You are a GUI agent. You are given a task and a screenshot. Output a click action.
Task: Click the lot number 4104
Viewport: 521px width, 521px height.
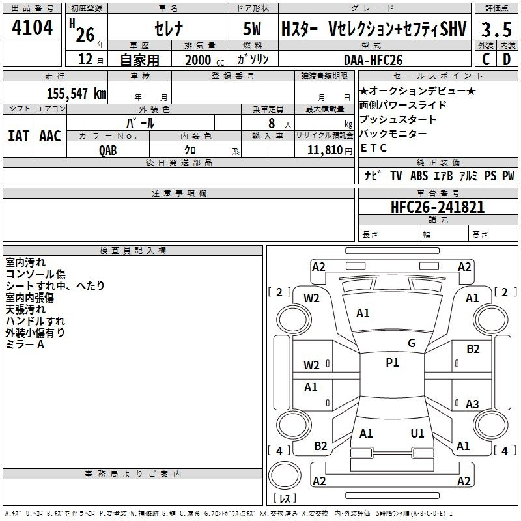click(32, 27)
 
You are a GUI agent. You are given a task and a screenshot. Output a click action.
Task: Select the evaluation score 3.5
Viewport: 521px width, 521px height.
click(496, 29)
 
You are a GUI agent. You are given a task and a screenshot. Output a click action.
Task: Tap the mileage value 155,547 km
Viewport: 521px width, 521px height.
click(76, 93)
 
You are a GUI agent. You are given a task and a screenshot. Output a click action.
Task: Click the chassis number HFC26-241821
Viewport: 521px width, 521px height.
click(438, 207)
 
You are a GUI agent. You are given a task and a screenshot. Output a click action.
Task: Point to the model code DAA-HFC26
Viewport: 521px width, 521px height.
click(373, 60)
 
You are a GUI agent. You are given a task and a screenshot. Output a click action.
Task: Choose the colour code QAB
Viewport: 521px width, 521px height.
click(107, 150)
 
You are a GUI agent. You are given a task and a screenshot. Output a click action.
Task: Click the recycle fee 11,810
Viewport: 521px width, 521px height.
click(324, 150)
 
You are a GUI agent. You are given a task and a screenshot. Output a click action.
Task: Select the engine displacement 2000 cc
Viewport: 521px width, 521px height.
click(204, 61)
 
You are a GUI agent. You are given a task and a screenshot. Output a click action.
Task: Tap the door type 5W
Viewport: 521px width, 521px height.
click(252, 29)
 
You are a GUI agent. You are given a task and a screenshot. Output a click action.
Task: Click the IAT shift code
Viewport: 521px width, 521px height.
click(18, 136)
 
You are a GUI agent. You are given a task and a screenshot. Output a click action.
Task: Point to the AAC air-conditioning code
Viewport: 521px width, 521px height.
click(50, 136)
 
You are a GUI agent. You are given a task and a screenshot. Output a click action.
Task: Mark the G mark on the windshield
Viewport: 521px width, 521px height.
click(412, 343)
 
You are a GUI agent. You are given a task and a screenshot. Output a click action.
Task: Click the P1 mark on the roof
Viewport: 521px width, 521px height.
click(392, 363)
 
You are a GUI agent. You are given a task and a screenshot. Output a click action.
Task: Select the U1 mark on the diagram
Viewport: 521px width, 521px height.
click(417, 433)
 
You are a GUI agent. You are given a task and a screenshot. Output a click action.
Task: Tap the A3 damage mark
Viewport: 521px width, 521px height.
click(472, 404)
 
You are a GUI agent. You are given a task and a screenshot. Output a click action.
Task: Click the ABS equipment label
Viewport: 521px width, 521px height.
click(419, 175)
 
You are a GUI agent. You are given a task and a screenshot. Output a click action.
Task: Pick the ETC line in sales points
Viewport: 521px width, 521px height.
click(373, 148)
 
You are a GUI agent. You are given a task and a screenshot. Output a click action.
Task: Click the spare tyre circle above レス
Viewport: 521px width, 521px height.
click(285, 475)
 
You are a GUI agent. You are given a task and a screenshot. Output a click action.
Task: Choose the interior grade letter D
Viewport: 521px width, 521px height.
click(507, 59)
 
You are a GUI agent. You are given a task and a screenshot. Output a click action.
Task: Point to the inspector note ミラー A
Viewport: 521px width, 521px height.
click(25, 345)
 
